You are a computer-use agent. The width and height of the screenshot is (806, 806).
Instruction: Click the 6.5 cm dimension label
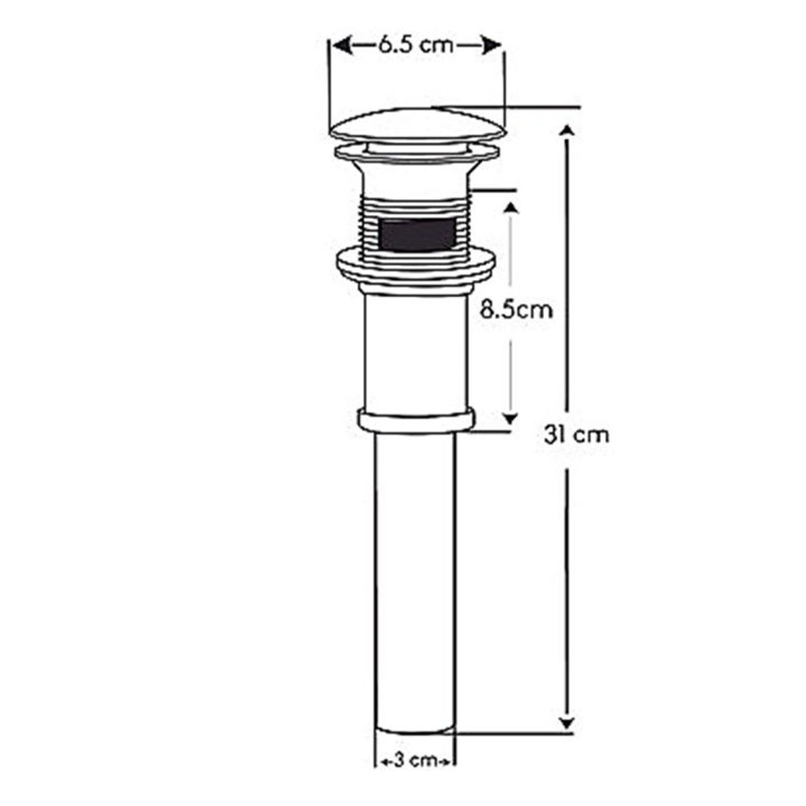pyautogui.click(x=415, y=46)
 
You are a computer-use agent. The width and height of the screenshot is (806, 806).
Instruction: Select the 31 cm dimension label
pyautogui.click(x=577, y=435)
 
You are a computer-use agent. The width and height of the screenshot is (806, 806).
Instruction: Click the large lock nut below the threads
pyautogui.click(x=416, y=268)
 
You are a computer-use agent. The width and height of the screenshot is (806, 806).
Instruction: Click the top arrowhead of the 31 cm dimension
pyautogui.click(x=568, y=132)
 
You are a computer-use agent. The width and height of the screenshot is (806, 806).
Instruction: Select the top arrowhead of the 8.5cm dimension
pyautogui.click(x=511, y=208)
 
